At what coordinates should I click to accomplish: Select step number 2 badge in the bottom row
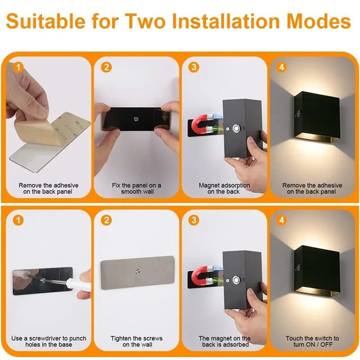coord(106,220)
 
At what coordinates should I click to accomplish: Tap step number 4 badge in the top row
coord(282,68)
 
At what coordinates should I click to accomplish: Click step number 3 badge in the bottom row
coord(194,220)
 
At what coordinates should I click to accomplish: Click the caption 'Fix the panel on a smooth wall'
coord(136,189)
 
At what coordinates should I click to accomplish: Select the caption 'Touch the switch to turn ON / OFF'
coord(312,341)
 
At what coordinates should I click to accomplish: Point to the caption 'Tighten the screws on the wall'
coord(136,341)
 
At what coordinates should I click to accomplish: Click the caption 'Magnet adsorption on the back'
coord(224,189)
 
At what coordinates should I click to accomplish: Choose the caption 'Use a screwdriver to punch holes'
coord(49,341)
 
